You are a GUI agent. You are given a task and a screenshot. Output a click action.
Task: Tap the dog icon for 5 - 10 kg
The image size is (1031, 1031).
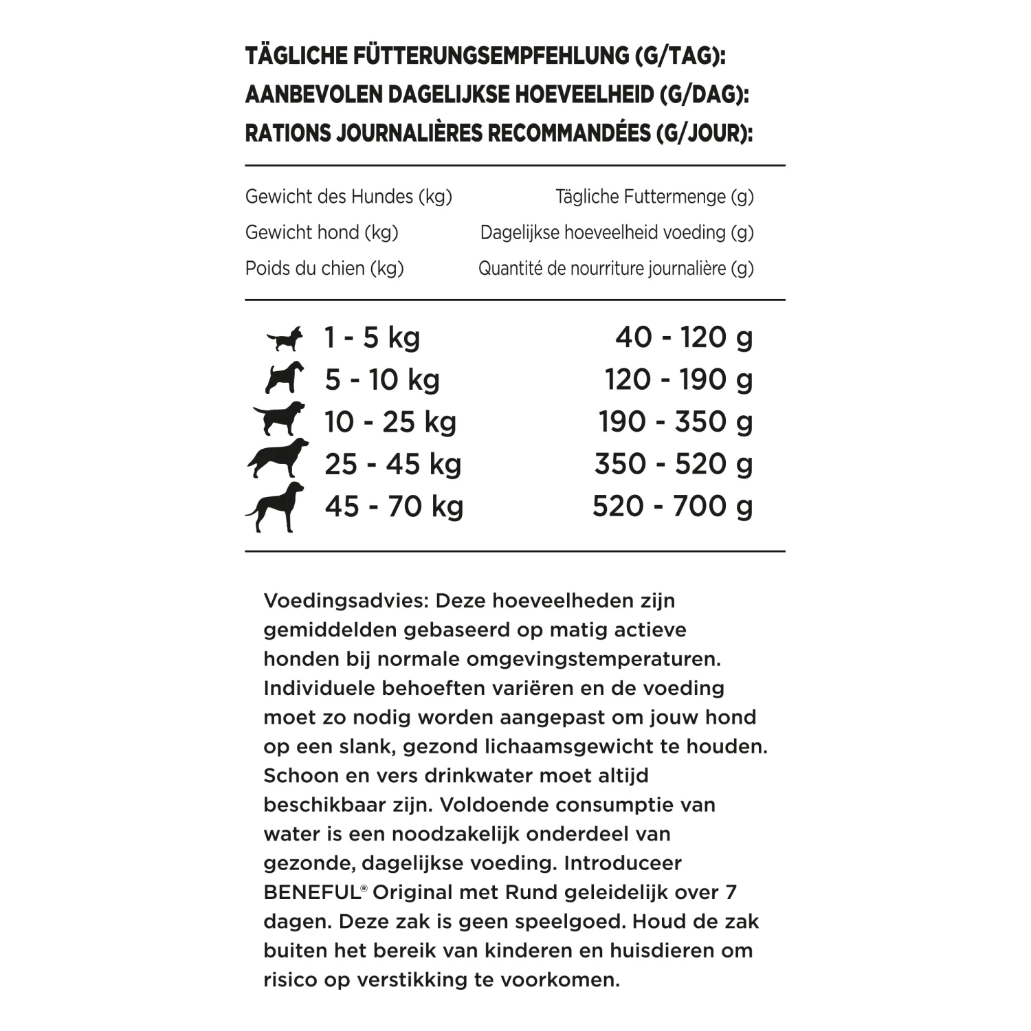point(284,378)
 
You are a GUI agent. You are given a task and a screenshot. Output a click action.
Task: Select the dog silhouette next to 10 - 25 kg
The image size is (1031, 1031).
point(279,419)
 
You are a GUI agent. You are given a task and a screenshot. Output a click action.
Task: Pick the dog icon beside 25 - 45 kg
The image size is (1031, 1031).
point(278,458)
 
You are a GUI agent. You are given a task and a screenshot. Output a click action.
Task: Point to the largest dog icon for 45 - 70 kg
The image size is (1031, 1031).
point(275,507)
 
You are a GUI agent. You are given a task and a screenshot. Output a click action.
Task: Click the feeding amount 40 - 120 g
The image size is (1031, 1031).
point(684,337)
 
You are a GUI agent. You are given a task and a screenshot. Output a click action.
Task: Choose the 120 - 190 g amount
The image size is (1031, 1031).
point(678,379)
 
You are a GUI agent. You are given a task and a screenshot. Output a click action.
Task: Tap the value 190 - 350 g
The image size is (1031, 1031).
point(676,422)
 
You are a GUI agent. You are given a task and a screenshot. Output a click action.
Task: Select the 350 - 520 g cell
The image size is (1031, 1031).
point(674,464)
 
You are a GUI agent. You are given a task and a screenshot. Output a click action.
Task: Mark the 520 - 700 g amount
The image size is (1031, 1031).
point(672,507)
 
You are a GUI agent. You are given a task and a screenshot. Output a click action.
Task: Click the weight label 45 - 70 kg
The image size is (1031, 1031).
point(394,507)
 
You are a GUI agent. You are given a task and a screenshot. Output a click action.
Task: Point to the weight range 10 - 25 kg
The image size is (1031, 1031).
point(390,422)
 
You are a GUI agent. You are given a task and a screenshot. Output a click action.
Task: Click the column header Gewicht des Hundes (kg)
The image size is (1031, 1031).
point(348,197)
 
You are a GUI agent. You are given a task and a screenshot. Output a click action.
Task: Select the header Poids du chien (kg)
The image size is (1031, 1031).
point(324,268)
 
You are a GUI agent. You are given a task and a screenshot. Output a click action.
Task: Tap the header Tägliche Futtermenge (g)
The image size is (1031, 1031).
point(654,197)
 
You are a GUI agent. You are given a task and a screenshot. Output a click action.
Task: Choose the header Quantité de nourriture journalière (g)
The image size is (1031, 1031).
point(616,268)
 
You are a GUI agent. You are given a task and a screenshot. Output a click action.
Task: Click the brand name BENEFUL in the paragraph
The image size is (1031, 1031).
point(311,893)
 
